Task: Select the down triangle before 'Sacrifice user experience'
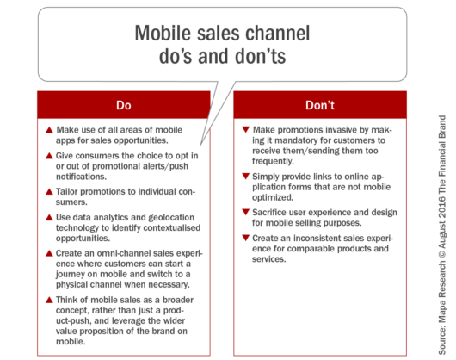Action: click(x=247, y=209)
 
